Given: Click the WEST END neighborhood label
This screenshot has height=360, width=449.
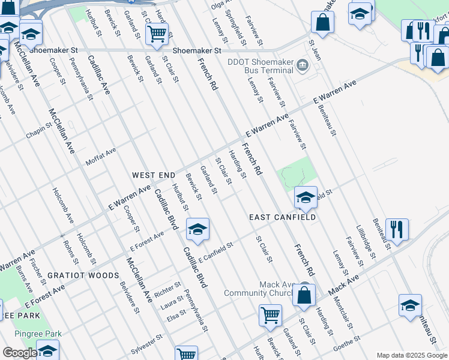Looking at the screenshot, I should point(154,175).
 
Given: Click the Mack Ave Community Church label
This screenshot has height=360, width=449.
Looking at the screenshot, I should point(261,289).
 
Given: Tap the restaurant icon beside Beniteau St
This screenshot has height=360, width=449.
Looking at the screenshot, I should point(397,229).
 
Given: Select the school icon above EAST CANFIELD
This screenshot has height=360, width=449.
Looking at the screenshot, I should point(306,197).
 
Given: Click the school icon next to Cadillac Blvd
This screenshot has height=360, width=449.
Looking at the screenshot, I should point(197,229).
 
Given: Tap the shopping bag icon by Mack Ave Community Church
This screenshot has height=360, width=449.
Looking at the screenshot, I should point(304,296).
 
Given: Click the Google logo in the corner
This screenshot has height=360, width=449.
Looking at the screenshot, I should point(19,353).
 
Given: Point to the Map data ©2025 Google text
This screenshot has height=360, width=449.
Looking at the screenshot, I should point(411,355).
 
